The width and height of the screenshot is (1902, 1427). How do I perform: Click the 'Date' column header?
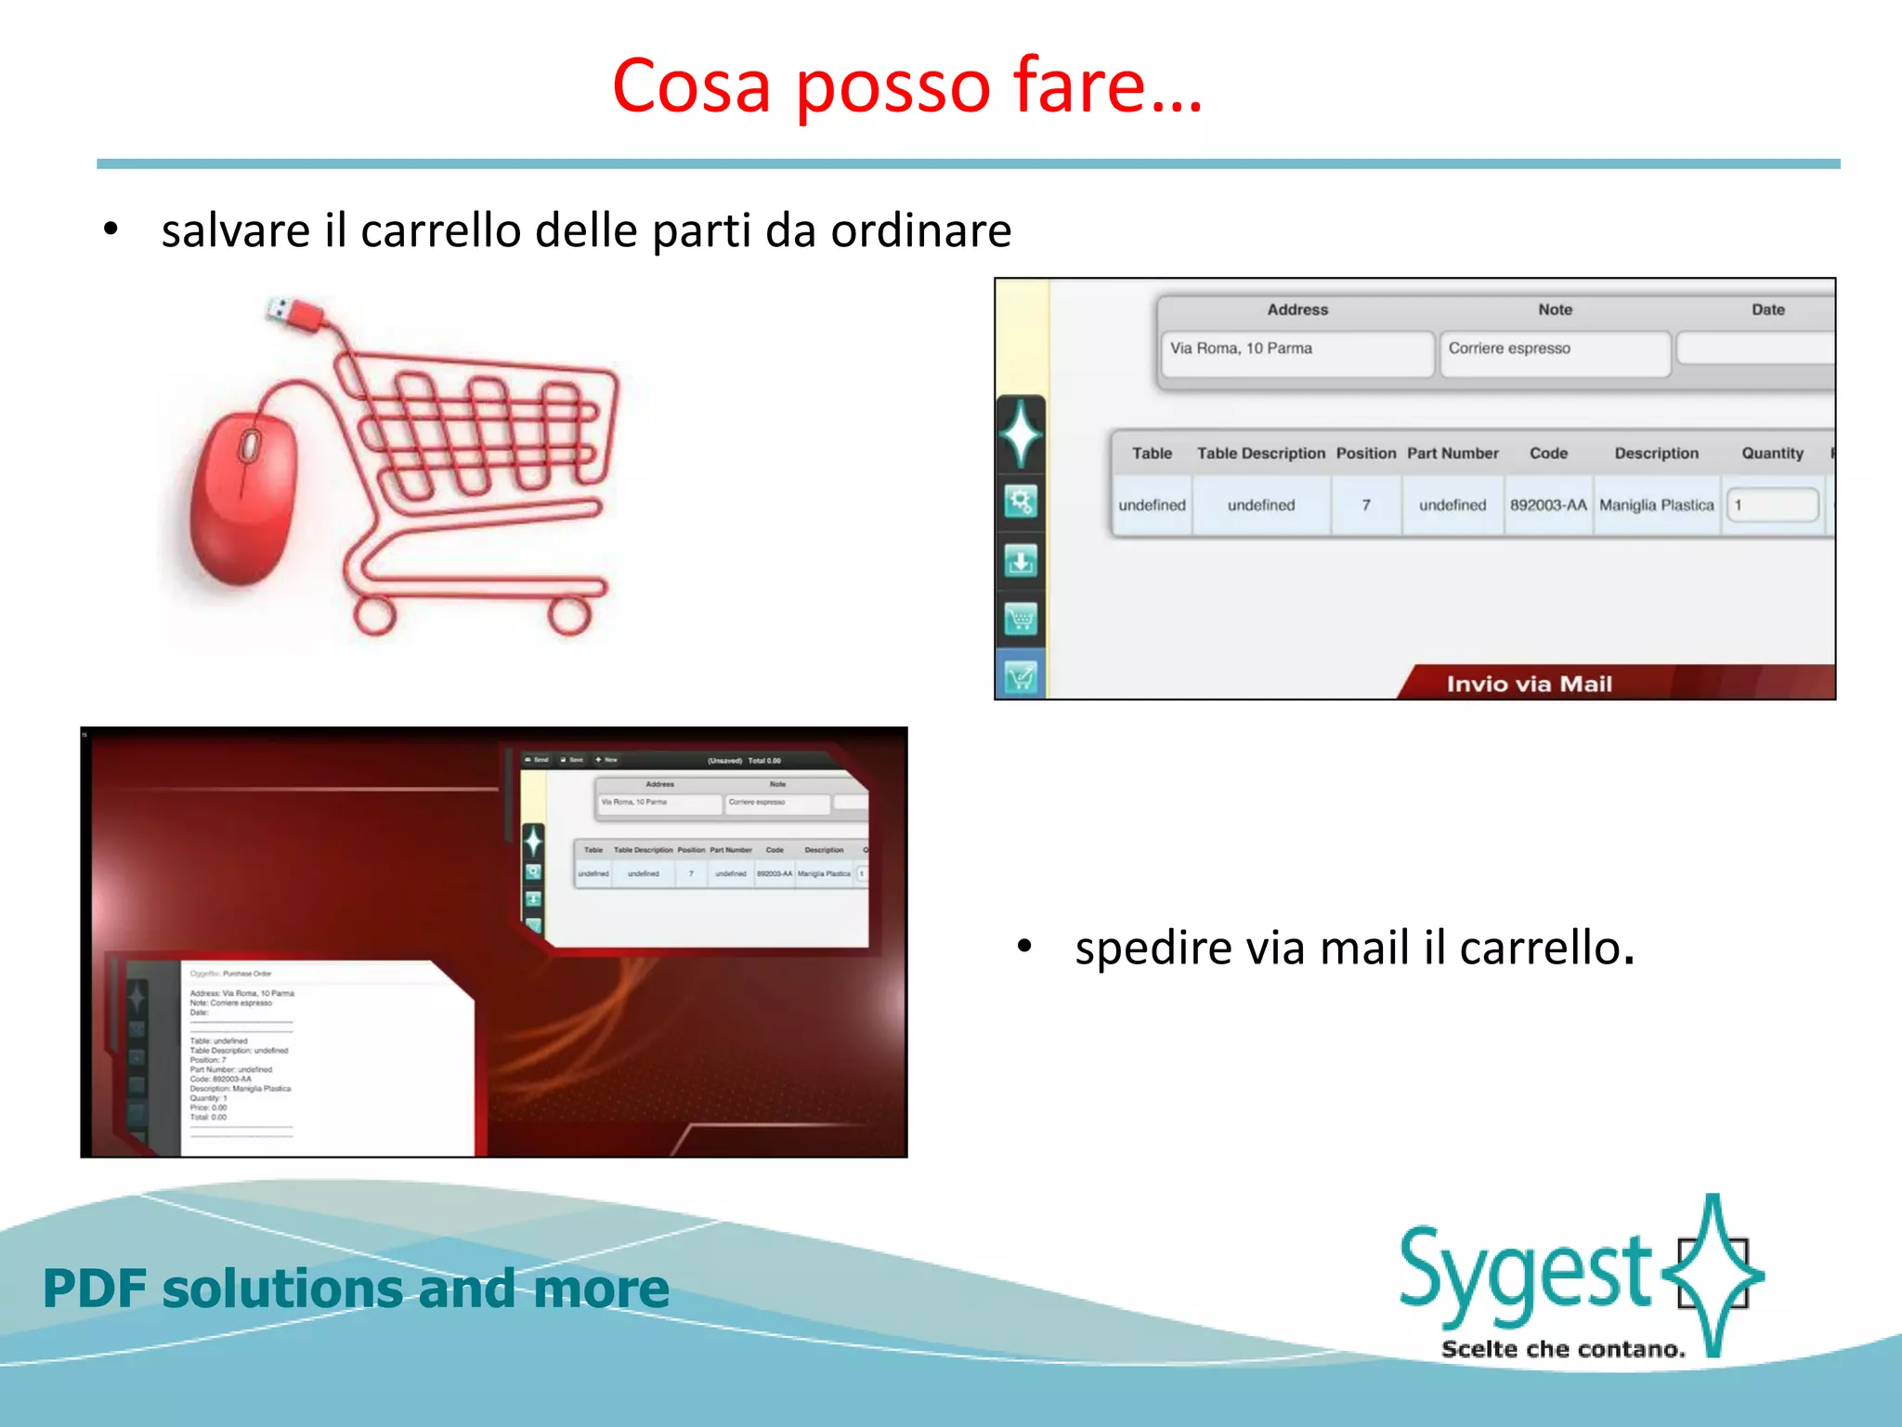point(1767,310)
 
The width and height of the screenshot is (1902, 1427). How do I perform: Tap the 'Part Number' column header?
point(1452,453)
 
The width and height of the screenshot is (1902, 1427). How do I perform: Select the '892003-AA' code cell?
point(1547,505)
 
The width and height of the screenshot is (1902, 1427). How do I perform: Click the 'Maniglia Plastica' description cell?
point(1656,505)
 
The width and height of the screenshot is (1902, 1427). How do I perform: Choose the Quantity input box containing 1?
point(1772,505)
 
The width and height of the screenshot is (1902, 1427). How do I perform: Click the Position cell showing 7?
point(1365,505)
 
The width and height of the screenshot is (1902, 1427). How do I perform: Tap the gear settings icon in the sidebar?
point(1021,503)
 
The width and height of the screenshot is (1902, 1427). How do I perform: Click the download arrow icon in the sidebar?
point(1021,561)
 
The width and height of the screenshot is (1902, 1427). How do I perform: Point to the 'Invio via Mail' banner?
point(1529,684)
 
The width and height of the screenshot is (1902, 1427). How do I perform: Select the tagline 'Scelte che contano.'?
point(1563,1349)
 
